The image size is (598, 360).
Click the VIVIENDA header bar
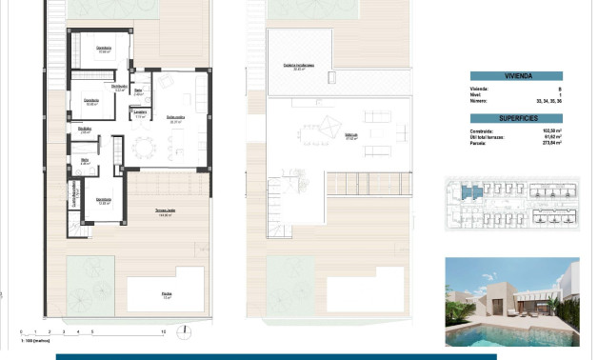pos(515,76)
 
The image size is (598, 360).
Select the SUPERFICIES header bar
pos(515,118)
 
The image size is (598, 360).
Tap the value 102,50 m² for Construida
pos(548,132)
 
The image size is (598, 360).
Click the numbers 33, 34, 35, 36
pos(546,99)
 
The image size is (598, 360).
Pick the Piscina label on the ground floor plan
pos(168,294)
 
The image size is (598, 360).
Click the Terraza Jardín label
pos(165,211)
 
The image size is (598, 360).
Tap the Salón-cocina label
pos(175,118)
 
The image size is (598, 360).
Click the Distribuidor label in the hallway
pos(119,87)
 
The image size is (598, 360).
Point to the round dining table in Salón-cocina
pos(144,147)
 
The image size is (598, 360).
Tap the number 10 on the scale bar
pos(164,331)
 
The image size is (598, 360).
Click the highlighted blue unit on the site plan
pos(471,193)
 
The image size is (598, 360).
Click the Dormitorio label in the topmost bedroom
pos(104,48)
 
